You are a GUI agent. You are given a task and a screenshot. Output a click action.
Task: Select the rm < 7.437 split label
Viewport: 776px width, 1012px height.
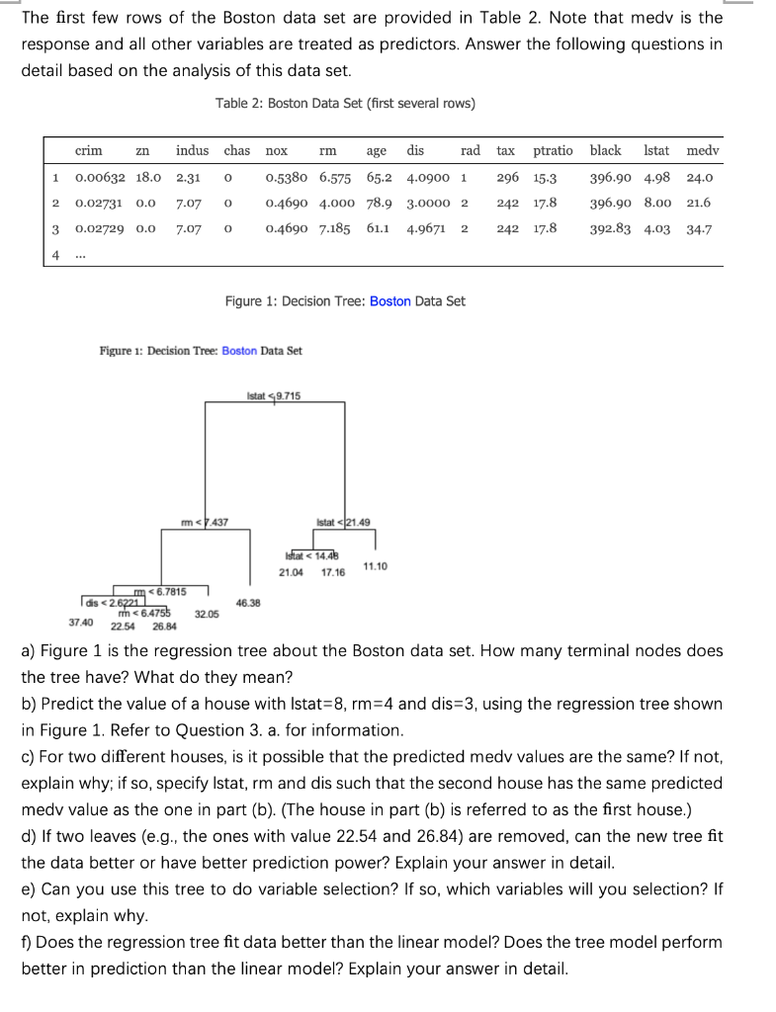(205, 522)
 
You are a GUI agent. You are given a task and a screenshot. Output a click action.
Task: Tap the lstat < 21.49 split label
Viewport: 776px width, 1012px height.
(342, 522)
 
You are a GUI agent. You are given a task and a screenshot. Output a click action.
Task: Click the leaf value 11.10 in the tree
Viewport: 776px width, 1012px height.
(375, 565)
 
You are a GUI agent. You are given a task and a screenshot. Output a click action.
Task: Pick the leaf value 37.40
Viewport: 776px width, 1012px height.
(81, 623)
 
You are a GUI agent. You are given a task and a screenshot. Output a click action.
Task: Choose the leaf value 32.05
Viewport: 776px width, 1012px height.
(207, 614)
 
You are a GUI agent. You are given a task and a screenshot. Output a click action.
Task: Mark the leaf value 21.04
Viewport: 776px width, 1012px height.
(291, 572)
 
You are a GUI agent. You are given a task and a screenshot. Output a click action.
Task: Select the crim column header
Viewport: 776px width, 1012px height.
(88, 151)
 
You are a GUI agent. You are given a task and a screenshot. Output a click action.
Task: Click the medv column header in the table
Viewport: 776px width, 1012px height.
(702, 151)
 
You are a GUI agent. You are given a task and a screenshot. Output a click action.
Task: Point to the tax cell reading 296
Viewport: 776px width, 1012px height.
(508, 178)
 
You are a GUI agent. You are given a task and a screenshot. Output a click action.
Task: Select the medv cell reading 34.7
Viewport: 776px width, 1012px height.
(700, 228)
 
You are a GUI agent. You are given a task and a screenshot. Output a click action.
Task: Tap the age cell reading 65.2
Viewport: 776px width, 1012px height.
(379, 178)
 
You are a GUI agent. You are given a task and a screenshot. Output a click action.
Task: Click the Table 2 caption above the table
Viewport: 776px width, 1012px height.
(345, 104)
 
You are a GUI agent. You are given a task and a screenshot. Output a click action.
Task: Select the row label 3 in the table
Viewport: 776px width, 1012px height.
(57, 228)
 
